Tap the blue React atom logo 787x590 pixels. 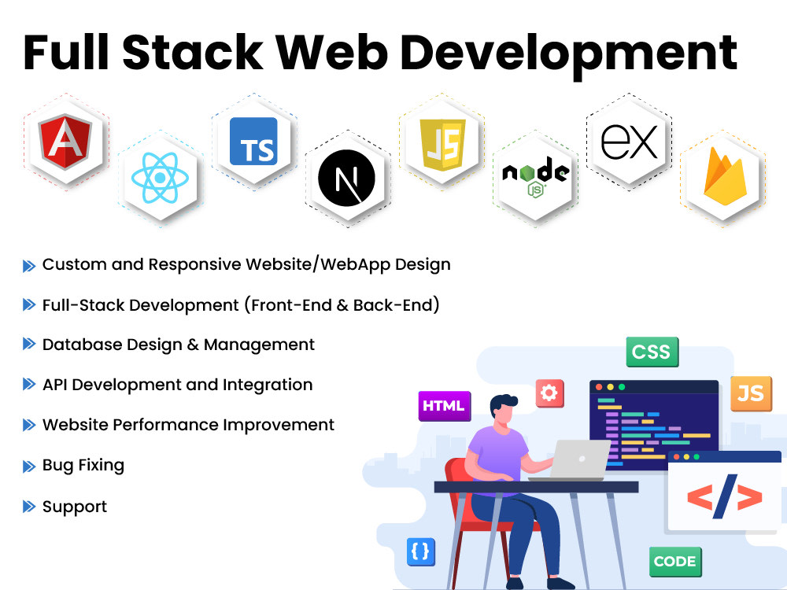coord(161,178)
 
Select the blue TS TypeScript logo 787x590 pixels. coord(253,141)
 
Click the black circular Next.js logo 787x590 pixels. coord(347,180)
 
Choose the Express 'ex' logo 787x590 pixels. coord(628,142)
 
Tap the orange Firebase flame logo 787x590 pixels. coord(722,178)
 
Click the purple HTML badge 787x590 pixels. coord(444,406)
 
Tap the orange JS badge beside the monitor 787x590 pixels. coord(750,393)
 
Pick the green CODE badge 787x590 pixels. coord(674,561)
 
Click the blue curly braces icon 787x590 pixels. coord(420,551)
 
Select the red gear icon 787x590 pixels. coord(549,393)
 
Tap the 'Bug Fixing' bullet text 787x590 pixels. coord(83,465)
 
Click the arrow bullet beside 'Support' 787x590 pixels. coord(29,507)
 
